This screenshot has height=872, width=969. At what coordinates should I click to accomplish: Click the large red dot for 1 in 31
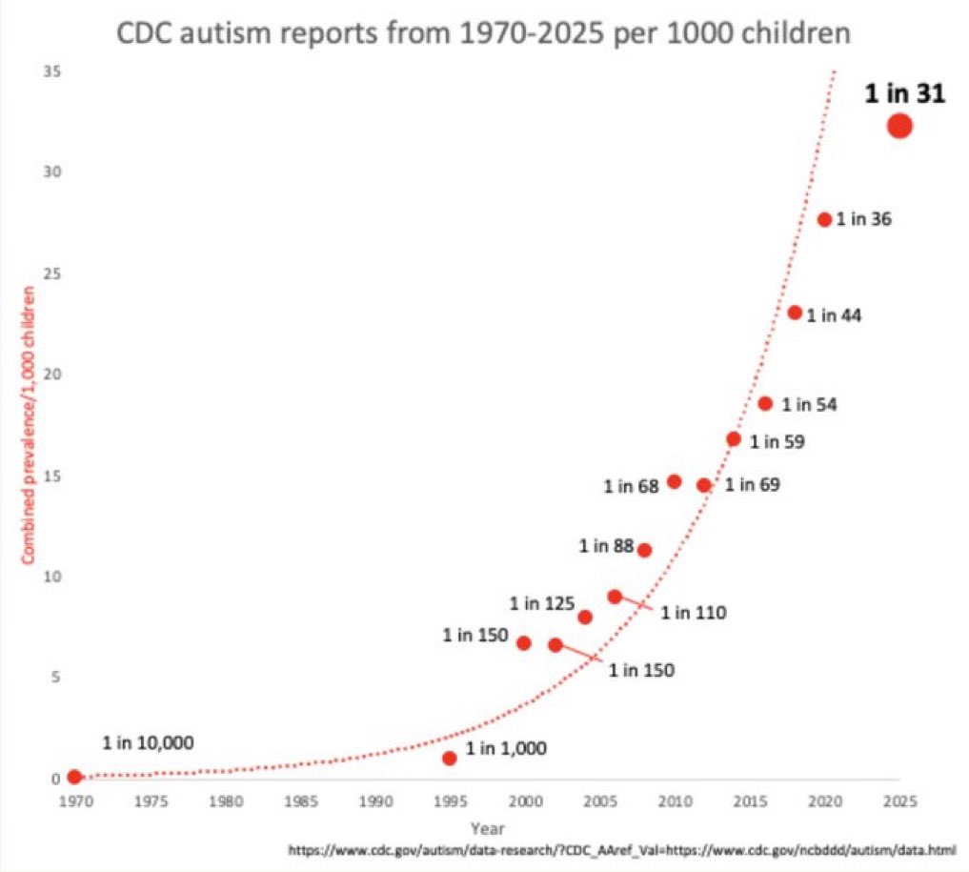tap(899, 125)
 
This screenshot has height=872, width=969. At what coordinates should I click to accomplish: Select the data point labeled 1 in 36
tap(824, 219)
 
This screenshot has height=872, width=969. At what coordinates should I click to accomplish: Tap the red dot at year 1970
tap(74, 777)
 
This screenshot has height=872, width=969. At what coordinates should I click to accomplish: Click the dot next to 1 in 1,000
tap(450, 758)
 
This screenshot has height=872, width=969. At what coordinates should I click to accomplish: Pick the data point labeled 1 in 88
tap(644, 550)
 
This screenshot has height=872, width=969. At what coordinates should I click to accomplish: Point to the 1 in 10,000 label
tap(149, 743)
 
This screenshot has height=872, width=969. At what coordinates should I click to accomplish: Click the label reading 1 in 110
tap(694, 613)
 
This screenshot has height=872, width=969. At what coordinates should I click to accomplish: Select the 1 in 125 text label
tap(541, 603)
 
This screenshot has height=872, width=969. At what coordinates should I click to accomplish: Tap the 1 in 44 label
tap(834, 315)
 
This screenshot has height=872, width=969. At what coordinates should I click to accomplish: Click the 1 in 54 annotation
tap(809, 405)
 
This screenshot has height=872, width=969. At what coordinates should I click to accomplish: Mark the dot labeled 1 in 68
tap(675, 481)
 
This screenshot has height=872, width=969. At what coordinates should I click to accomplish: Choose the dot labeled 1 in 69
tap(704, 485)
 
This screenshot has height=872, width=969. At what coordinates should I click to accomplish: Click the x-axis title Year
tap(487, 828)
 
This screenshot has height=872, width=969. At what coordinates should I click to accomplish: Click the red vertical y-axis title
tap(28, 424)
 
